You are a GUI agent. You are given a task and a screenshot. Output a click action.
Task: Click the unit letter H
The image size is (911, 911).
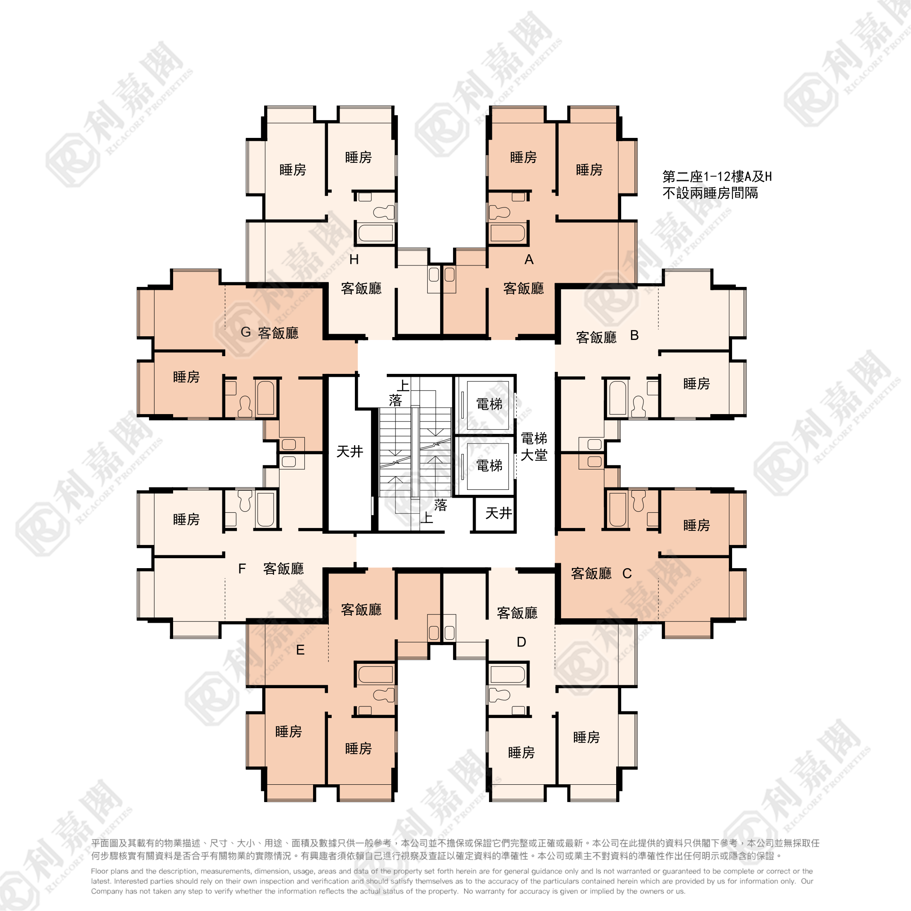pyautogui.click(x=354, y=259)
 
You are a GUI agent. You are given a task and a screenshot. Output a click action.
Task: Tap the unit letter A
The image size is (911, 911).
pyautogui.click(x=529, y=259)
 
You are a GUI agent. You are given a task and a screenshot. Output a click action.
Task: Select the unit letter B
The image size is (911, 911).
pyautogui.click(x=635, y=335)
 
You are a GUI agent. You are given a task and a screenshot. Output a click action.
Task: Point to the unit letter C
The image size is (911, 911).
pyautogui.click(x=627, y=574)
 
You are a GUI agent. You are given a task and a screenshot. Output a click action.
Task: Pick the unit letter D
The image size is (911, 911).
pyautogui.click(x=521, y=642)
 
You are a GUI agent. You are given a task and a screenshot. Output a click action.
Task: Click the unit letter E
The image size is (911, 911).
pyautogui.click(x=300, y=650)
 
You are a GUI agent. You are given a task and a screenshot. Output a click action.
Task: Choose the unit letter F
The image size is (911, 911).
pyautogui.click(x=242, y=569)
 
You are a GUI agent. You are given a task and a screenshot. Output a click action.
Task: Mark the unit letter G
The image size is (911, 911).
pyautogui.click(x=246, y=332)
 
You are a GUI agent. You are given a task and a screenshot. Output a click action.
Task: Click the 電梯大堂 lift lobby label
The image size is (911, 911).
pyautogui.click(x=534, y=446)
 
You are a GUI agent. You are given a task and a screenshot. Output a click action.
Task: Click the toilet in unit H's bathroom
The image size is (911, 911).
pyautogui.click(x=383, y=212)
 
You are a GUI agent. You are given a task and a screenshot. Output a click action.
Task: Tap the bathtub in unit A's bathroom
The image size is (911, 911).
pyautogui.click(x=507, y=233)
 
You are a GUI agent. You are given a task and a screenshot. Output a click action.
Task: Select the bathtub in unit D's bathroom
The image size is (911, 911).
pyautogui.click(x=507, y=674)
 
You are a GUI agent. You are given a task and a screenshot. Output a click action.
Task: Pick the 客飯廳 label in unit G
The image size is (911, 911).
pyautogui.click(x=278, y=333)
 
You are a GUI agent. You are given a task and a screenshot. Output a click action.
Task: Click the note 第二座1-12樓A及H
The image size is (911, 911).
pyautogui.click(x=717, y=177)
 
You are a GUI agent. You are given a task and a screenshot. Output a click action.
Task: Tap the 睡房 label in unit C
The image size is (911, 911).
pyautogui.click(x=697, y=525)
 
